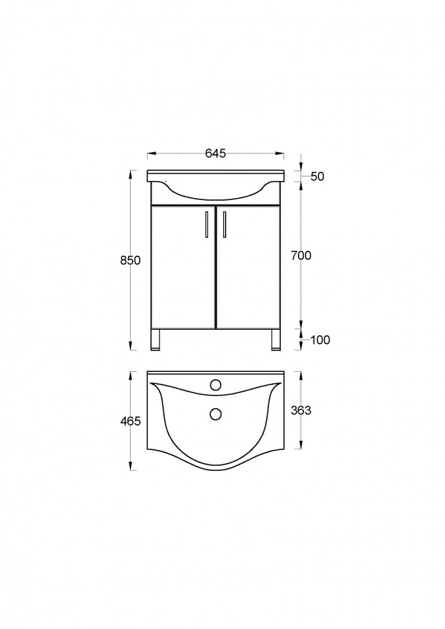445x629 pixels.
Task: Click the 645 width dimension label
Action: [215, 153]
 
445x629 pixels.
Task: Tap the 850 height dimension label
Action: [131, 260]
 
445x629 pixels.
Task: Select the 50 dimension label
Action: [318, 176]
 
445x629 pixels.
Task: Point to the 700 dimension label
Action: [301, 256]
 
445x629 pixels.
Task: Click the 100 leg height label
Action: [320, 340]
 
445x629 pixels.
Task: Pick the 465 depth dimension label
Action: [131, 421]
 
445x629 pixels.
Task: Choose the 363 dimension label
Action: [301, 411]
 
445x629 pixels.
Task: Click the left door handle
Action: [206, 224]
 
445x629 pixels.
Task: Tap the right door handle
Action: [224, 224]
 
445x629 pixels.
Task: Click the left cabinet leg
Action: [156, 340]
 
